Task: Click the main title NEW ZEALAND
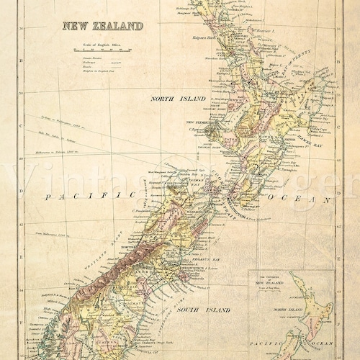(x=102, y=26)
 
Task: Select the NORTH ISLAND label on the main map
(x=177, y=97)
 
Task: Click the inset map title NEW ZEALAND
(x=270, y=282)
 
